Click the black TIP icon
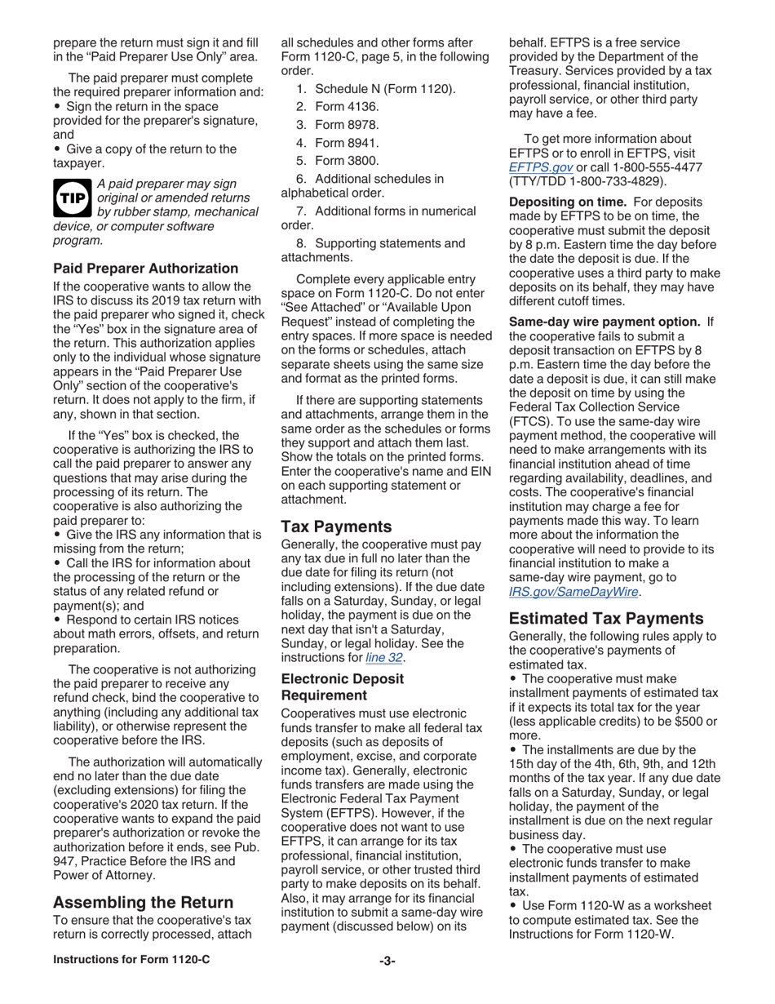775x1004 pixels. tap(72, 198)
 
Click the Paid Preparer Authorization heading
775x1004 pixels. tap(145, 268)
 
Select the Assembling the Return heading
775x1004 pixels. tap(143, 902)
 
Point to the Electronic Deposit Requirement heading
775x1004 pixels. tap(342, 686)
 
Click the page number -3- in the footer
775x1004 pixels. tap(387, 961)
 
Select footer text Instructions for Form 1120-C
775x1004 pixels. tap(131, 960)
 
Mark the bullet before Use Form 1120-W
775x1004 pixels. tap(514, 906)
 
